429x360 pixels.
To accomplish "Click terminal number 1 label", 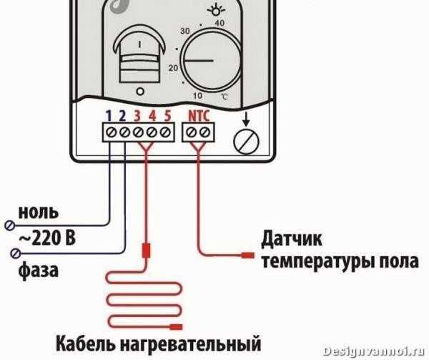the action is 109,116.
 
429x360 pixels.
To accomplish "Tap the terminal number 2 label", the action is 122,116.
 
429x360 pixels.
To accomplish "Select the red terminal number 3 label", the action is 137,116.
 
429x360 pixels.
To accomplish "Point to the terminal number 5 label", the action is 167,116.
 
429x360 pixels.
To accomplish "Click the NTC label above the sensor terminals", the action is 199,116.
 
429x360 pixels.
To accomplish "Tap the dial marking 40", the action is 220,23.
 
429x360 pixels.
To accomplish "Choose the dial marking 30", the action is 185,31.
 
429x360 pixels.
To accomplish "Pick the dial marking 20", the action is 173,67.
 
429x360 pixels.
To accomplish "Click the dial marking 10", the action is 197,96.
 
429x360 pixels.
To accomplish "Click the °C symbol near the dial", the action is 225,97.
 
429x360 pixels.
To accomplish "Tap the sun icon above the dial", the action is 216,11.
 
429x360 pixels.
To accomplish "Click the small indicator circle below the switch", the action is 140,92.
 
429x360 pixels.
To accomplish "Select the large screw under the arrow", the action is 246,141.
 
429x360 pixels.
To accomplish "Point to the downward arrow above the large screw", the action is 246,119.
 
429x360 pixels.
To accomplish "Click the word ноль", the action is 39,212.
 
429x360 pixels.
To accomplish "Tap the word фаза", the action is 39,271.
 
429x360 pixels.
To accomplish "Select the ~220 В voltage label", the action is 47,238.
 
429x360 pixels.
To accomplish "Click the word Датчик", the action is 292,240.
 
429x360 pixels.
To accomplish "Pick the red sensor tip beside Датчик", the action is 247,256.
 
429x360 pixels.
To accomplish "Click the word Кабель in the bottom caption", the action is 86,343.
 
